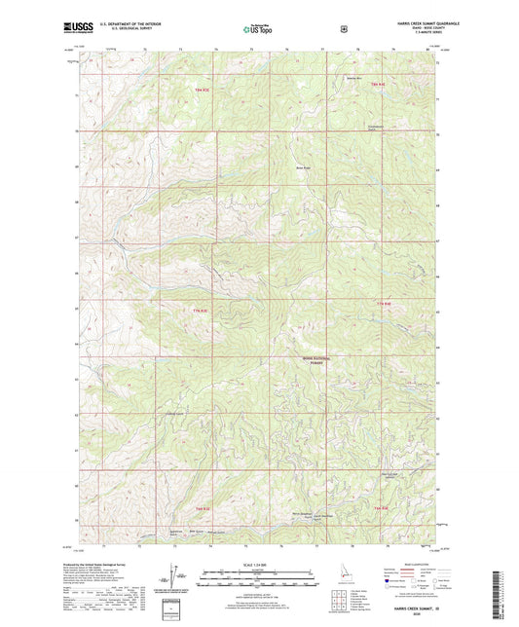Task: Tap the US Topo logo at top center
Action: click(258, 30)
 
